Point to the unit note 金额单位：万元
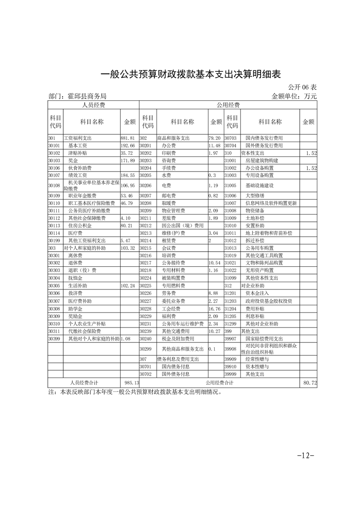(294, 96)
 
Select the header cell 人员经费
(94, 105)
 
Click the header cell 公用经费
(228, 105)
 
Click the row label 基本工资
(78, 146)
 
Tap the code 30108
(54, 186)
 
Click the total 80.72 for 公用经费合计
(310, 383)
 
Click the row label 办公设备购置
(262, 168)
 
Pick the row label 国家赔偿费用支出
(264, 339)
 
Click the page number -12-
(305, 455)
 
